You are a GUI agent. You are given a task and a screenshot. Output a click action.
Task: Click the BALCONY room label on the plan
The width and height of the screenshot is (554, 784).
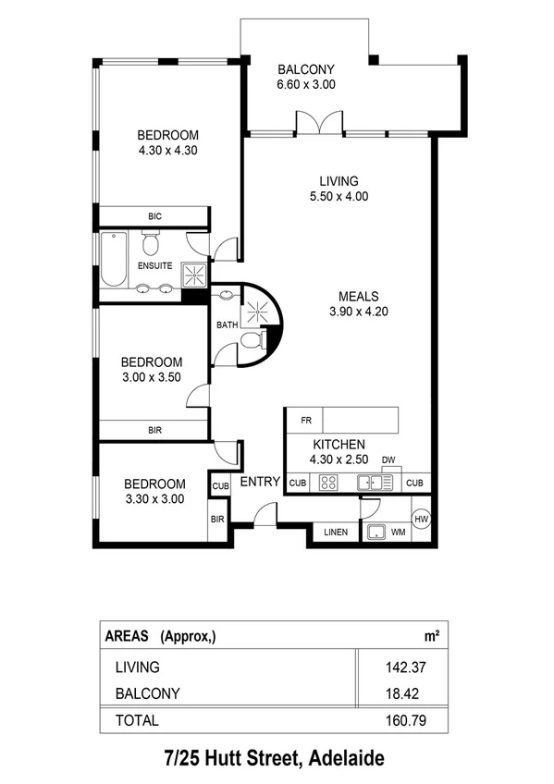305,69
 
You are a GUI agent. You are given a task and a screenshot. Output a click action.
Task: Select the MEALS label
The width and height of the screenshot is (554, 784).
358,297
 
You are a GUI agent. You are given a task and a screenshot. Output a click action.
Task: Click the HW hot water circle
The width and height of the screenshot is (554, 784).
421,520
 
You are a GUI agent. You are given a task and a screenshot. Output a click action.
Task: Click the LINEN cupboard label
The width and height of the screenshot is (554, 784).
335,533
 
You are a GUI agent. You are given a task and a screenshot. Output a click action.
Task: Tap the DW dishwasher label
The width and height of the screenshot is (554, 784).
388,459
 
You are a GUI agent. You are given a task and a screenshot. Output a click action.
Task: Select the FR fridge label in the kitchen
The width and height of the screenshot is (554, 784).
305,421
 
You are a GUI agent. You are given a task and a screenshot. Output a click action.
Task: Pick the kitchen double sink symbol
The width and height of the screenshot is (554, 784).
377,482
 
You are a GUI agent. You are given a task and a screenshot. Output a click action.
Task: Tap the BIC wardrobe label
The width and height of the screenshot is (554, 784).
154,216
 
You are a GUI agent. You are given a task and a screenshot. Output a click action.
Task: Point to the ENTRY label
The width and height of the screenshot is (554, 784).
260,482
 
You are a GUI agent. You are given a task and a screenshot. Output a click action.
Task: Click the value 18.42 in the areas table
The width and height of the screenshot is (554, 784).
405,692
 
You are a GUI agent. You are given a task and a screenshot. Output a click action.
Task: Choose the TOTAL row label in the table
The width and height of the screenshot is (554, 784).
137,720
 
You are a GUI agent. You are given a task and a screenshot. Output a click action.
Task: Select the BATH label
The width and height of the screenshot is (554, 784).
227,325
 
